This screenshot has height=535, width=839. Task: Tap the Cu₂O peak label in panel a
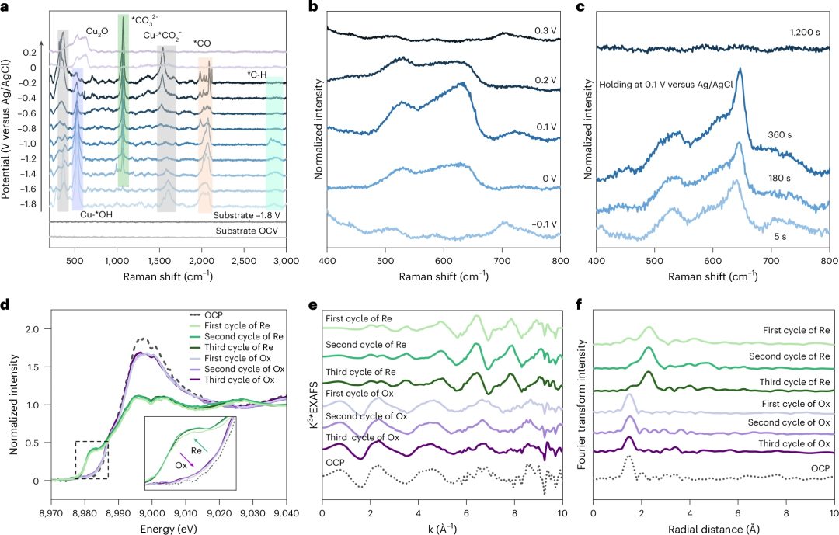(97, 31)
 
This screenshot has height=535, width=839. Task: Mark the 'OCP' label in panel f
(820, 469)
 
